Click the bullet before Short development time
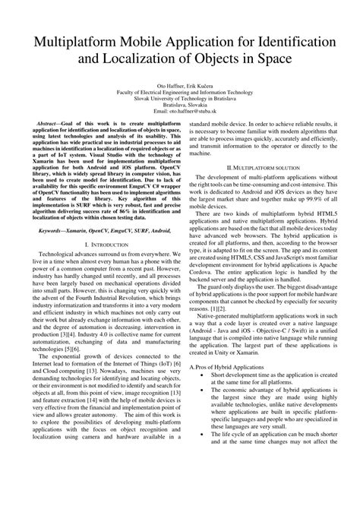tap(200, 397)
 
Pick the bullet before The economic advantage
tap(200, 417)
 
